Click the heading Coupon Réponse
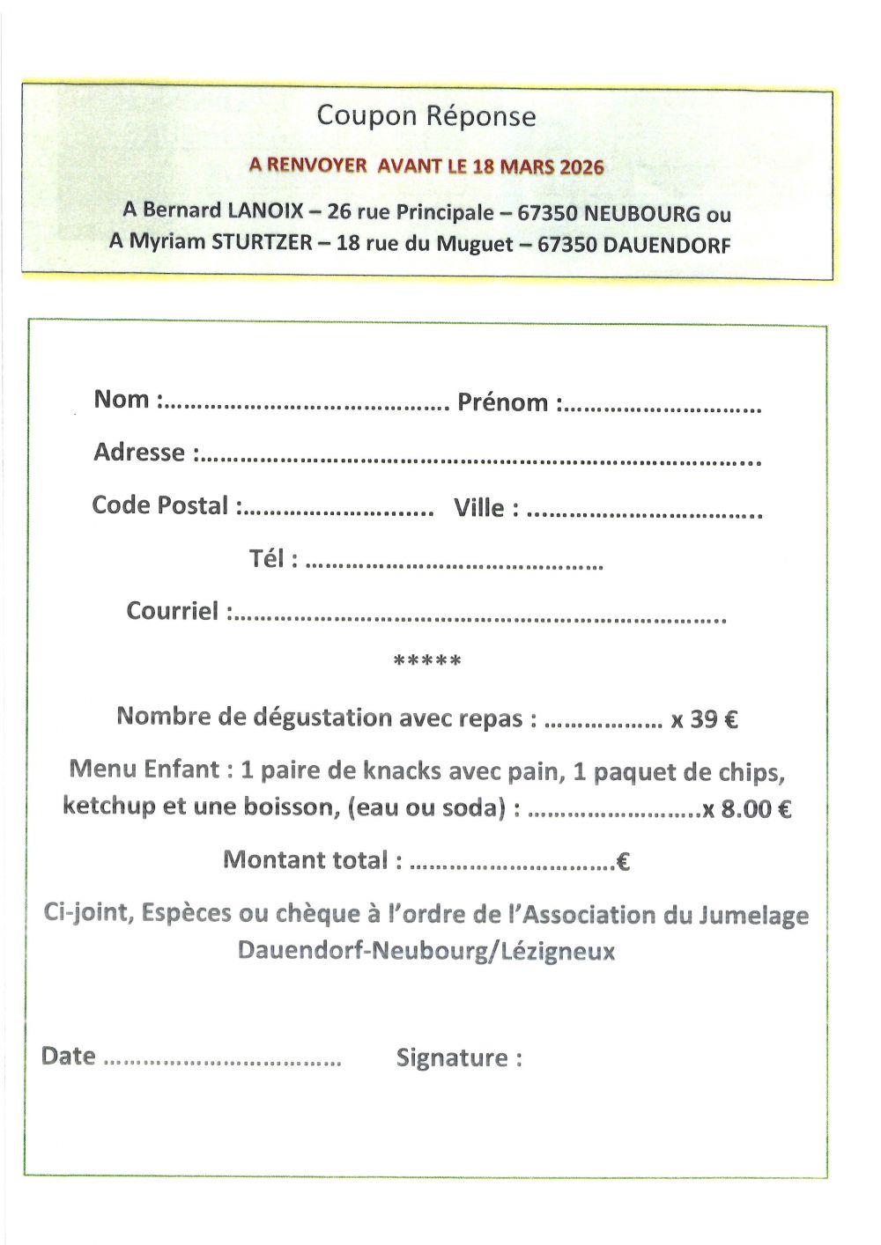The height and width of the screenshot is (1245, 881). [x=426, y=115]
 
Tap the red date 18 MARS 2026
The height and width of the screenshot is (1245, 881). [x=538, y=166]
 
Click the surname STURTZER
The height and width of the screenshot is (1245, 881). [x=262, y=242]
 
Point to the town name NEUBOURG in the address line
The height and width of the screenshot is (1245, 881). [x=642, y=214]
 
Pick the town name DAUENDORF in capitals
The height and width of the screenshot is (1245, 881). [x=667, y=245]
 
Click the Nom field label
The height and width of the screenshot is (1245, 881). [x=122, y=399]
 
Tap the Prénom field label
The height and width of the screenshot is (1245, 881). [x=502, y=402]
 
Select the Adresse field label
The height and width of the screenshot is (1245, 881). [x=139, y=453]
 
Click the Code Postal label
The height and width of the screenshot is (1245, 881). [x=159, y=505]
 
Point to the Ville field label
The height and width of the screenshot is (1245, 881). [x=478, y=508]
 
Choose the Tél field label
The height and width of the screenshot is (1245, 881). [x=267, y=559]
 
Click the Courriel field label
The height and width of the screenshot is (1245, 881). [x=172, y=611]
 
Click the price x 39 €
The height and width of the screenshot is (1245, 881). [x=704, y=719]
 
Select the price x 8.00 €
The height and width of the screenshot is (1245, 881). [x=746, y=808]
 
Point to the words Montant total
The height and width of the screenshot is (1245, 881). [x=305, y=860]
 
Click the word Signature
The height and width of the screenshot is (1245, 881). [x=452, y=1057]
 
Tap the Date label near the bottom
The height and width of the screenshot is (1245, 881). [x=68, y=1056]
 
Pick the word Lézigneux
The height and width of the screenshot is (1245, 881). [x=558, y=952]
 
